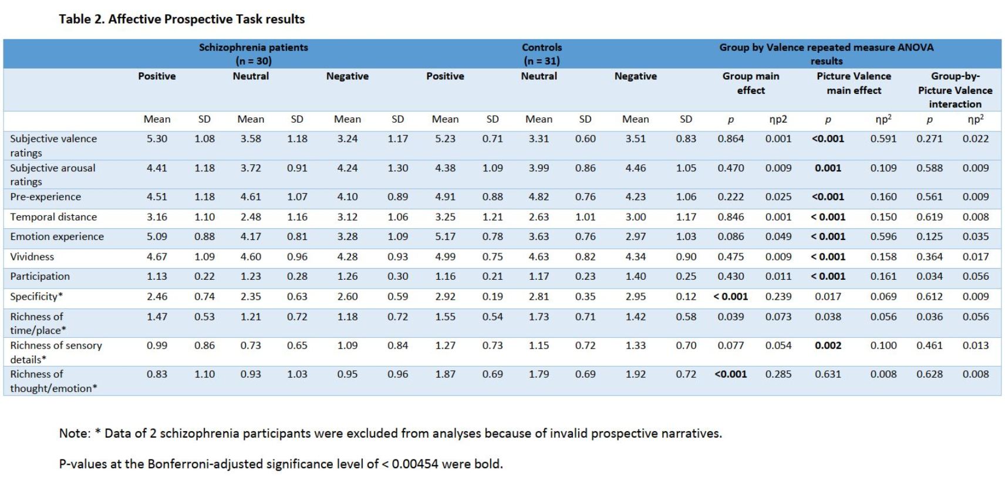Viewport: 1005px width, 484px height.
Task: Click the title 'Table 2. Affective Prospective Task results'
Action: click(181, 19)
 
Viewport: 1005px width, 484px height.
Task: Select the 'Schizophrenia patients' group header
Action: click(253, 47)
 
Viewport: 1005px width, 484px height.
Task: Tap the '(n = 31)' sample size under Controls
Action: click(541, 60)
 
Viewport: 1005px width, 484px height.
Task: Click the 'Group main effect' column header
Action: click(751, 83)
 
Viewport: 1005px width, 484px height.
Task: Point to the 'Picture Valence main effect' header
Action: click(854, 83)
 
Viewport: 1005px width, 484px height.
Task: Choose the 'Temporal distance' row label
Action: click(53, 216)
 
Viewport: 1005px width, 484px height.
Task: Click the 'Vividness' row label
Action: click(32, 256)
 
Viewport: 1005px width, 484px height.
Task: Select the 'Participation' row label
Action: click(40, 276)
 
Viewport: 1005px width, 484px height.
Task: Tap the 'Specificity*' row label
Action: click(36, 296)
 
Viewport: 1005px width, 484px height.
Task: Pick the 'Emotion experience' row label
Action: click(57, 236)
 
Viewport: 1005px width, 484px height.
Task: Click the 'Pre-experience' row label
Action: click(45, 197)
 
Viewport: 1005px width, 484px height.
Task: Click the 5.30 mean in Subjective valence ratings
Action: click(157, 138)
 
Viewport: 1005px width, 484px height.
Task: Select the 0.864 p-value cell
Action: click(730, 138)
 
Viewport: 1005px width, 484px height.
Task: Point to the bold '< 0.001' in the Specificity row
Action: click(730, 296)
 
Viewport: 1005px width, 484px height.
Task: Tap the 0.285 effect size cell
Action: click(778, 374)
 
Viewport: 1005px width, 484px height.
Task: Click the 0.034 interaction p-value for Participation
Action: click(929, 276)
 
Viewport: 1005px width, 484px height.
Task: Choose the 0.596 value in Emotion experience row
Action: click(883, 236)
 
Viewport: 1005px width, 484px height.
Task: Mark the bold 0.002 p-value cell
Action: click(828, 346)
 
